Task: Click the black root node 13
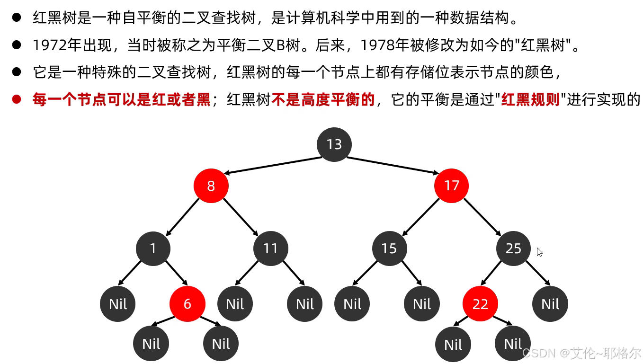tap(334, 144)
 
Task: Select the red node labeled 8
tap(211, 185)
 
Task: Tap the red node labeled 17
tap(451, 185)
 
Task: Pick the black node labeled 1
tap(153, 249)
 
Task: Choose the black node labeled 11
tap(270, 249)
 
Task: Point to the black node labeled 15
tap(389, 249)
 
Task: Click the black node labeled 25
tap(514, 249)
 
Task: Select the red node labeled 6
tap(188, 304)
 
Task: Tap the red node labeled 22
tap(480, 304)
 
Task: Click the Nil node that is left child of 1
tap(118, 304)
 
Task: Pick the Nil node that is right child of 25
tap(550, 304)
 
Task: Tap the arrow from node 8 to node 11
tap(241, 217)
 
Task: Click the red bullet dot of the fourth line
tap(17, 99)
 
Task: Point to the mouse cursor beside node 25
tap(539, 252)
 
